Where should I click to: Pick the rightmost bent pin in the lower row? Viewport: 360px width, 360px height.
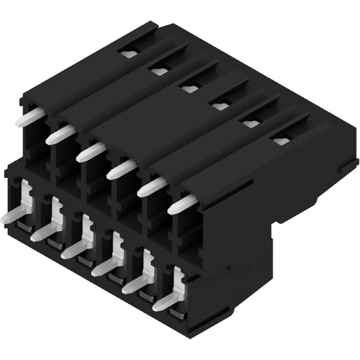[168, 300]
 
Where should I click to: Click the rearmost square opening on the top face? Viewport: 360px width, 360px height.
[128, 53]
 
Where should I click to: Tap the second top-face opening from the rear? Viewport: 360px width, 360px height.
[159, 71]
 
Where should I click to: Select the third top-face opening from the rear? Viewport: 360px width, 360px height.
[189, 89]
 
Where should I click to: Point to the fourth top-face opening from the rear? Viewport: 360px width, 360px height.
[220, 107]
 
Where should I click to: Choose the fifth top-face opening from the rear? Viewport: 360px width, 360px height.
[251, 124]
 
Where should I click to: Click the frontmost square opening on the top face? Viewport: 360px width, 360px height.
[281, 141]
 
